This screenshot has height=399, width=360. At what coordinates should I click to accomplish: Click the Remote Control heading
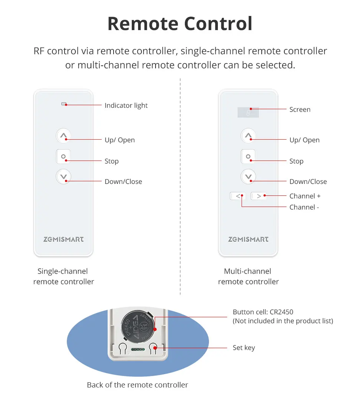tap(180, 24)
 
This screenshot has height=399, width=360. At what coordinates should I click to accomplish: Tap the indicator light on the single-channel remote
tap(63, 104)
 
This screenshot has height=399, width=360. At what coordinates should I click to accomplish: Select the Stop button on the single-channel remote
tap(63, 156)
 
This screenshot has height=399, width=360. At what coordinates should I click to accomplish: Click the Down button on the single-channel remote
tap(63, 177)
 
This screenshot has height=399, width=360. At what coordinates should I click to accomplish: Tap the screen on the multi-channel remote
tap(248, 112)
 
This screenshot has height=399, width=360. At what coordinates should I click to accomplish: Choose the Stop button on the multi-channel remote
tap(248, 156)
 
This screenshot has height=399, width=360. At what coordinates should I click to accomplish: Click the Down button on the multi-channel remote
tap(248, 177)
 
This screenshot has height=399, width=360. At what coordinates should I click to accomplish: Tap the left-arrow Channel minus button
tap(238, 196)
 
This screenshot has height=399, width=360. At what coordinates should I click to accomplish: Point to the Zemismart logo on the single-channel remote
tap(63, 239)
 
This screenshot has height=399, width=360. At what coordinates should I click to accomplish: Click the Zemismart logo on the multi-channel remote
tap(248, 239)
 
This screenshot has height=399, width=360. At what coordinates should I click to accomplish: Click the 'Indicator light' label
tap(126, 106)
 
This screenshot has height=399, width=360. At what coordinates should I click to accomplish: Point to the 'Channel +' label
tap(305, 196)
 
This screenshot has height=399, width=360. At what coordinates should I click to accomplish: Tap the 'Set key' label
tap(244, 348)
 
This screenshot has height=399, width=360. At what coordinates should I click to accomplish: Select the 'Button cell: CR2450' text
tap(263, 312)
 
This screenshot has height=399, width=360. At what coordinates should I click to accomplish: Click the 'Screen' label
tap(300, 110)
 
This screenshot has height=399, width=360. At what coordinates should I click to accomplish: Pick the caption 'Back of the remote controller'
tap(137, 385)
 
